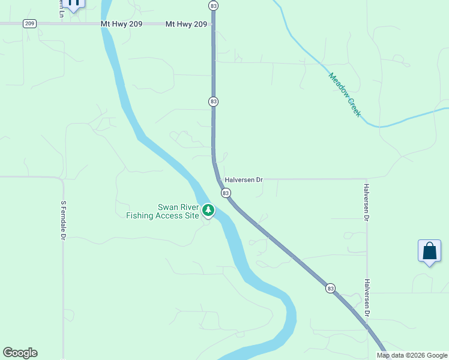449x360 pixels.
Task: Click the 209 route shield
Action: click(30, 23)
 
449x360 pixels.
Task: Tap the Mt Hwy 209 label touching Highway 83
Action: click(187, 24)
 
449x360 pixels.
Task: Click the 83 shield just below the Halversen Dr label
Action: click(225, 193)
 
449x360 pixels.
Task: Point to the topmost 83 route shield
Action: click(214, 5)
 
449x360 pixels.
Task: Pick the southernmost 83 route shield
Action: click(330, 289)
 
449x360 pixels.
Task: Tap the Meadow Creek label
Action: click(345, 94)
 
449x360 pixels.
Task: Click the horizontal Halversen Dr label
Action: click(244, 179)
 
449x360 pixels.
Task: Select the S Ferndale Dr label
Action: click(62, 220)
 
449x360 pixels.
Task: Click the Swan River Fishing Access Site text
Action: click(162, 211)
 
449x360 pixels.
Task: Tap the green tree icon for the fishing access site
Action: click(208, 210)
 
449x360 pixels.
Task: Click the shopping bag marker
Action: click(429, 250)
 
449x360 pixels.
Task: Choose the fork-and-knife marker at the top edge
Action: click(74, 4)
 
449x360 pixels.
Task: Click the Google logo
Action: click(20, 353)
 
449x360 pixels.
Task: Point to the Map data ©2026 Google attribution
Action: click(412, 355)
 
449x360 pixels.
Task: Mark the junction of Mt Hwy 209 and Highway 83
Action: click(214, 24)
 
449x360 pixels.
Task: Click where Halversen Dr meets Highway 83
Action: click(220, 179)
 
